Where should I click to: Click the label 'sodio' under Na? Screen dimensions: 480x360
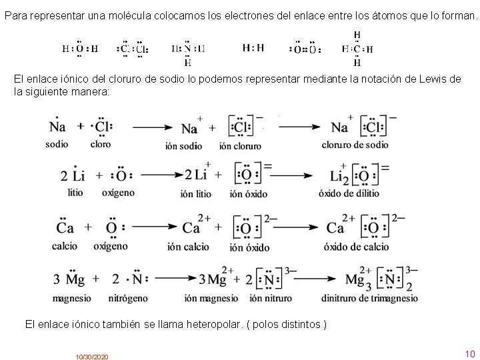pos(57,143)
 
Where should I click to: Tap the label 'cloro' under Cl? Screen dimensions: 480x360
pos(101,143)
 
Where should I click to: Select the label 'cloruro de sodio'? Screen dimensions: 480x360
pos(355,144)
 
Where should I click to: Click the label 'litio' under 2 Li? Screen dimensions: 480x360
pos(75,193)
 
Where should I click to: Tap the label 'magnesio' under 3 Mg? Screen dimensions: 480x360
pos(71,298)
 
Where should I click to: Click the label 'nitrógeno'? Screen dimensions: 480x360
pos(127,298)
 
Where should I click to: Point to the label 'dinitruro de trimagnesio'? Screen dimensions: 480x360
pos(369,298)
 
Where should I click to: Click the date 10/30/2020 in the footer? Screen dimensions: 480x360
pos(92,357)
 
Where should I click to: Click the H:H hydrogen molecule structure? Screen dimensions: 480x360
pos(253,48)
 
